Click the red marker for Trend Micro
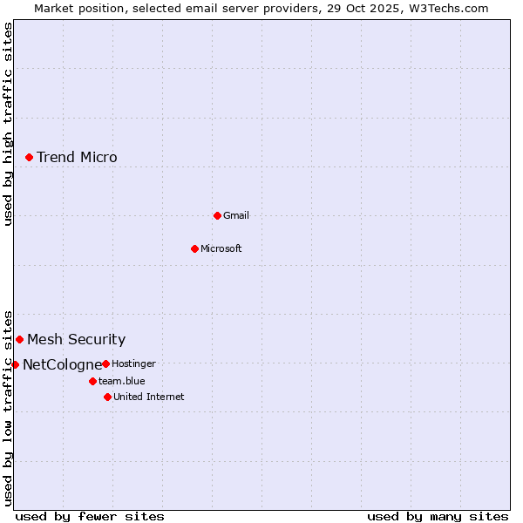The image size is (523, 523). (29, 157)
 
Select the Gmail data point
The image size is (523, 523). (217, 215)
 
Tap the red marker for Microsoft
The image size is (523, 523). (194, 248)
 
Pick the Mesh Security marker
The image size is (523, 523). (19, 339)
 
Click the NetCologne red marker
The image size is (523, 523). (15, 364)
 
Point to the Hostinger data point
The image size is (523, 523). (105, 363)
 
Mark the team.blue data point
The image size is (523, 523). (92, 381)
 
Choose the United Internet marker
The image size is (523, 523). (107, 397)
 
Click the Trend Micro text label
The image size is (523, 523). (77, 158)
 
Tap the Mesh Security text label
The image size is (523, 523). (76, 340)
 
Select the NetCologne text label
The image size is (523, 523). (62, 365)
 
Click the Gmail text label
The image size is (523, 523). (236, 216)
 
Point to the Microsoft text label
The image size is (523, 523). (221, 249)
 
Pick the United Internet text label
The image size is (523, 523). (149, 397)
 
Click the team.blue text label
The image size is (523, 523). (122, 382)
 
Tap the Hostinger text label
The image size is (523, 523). (133, 364)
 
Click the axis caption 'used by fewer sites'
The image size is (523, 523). (90, 517)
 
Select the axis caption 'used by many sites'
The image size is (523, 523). (438, 517)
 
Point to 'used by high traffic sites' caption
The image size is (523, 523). (8, 125)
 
